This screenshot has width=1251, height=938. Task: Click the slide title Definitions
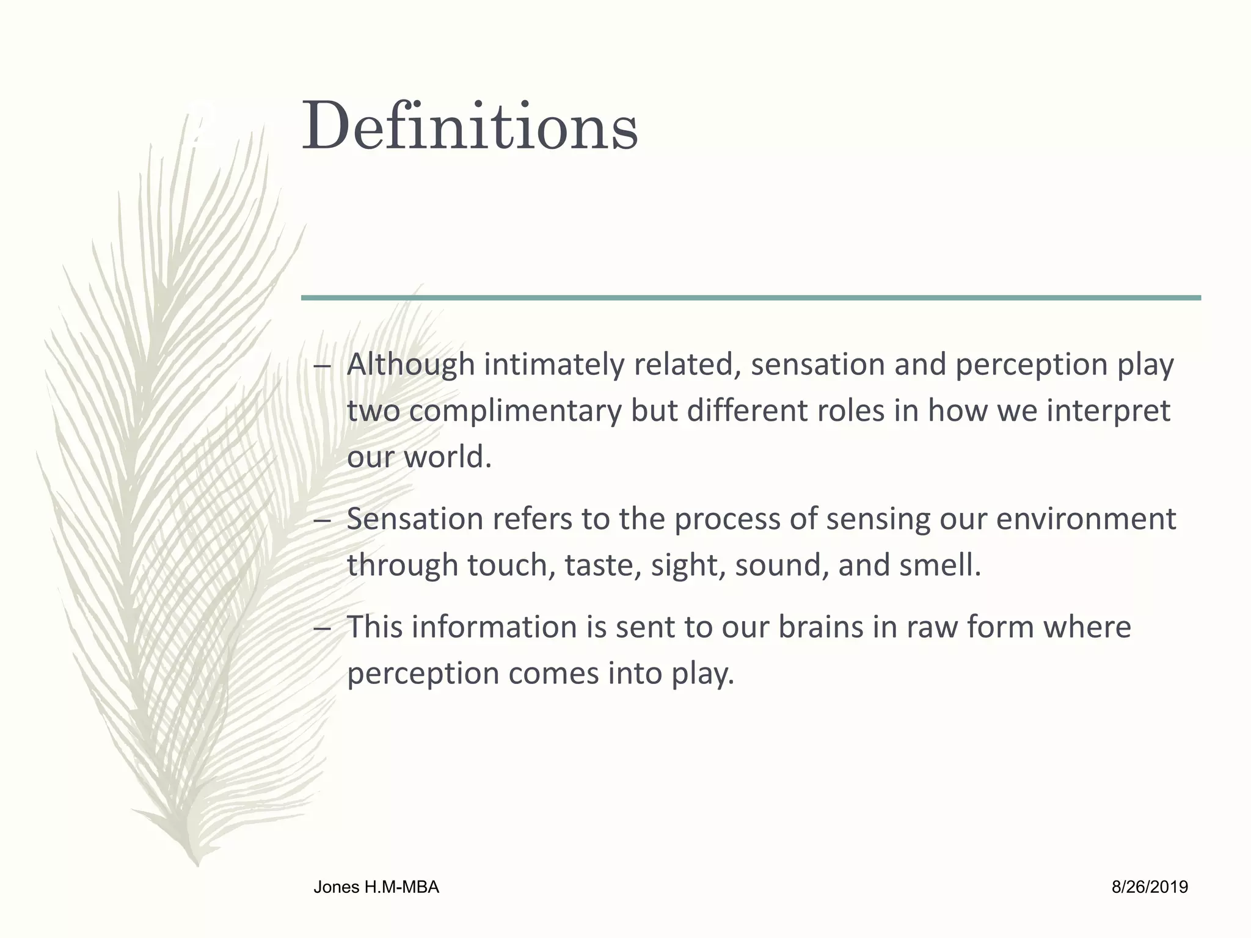pyautogui.click(x=470, y=127)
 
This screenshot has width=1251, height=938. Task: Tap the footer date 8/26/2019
pyautogui.click(x=1150, y=887)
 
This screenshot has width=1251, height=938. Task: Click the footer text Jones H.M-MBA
pyautogui.click(x=376, y=887)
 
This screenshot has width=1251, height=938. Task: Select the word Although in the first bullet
pyautogui.click(x=410, y=365)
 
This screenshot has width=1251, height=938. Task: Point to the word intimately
pyautogui.click(x=554, y=365)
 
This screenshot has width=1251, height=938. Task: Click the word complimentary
pyautogui.click(x=515, y=411)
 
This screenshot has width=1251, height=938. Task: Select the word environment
pyautogui.click(x=1085, y=519)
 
